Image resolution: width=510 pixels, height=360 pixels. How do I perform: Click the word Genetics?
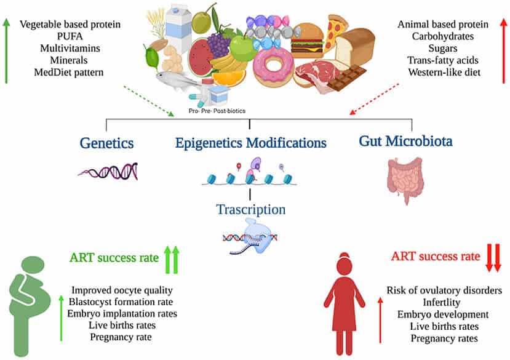click(x=107, y=143)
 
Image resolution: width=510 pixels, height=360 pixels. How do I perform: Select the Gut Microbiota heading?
click(x=405, y=142)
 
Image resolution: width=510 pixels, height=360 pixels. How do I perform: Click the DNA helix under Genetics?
click(x=108, y=170)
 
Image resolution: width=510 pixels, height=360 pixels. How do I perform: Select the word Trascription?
click(x=251, y=209)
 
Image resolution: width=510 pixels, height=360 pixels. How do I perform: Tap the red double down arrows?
click(x=493, y=257)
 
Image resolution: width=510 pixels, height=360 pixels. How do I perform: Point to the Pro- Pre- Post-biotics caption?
click(x=225, y=112)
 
